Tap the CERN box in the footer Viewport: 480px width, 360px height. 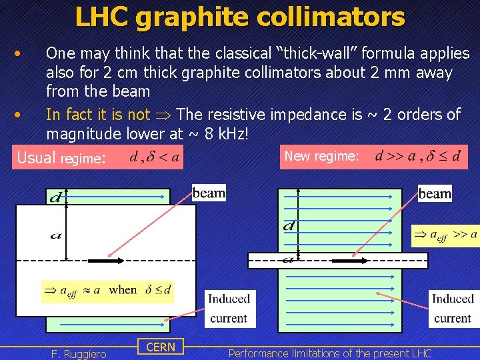pos(161,347)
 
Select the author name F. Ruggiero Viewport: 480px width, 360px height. pos(79,353)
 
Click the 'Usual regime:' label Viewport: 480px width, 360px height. pos(61,158)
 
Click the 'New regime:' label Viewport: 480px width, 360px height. pos(322,156)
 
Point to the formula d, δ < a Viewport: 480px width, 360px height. pos(154,157)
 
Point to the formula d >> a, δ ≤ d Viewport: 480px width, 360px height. pos(418,157)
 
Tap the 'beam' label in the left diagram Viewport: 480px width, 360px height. pos(209,193)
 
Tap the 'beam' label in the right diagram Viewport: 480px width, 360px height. pos(435,193)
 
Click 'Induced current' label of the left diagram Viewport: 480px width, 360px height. pos(228,308)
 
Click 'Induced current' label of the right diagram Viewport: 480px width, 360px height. pos(452,308)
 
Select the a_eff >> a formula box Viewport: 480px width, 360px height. pos(445,235)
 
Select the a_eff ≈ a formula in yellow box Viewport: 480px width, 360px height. pos(107,290)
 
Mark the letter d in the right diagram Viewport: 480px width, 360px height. pos(289,226)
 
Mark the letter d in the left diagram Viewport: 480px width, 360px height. pos(56,197)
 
